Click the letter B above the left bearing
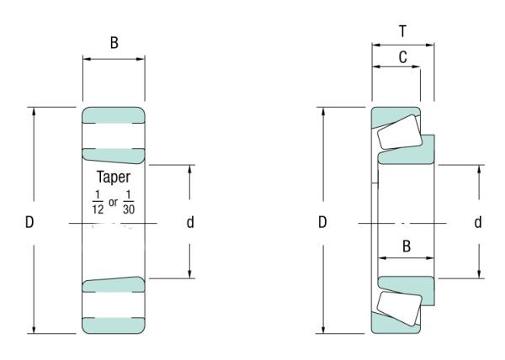pos(114,43)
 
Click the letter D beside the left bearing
pos(29,223)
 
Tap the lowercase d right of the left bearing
pos(190,223)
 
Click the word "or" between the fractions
pos(113,202)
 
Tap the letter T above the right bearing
pos(402,30)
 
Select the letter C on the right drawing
pos(402,57)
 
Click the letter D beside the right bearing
pos(322,223)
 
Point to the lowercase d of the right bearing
pos(478,223)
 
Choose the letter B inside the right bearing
pos(406,247)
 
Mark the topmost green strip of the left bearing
pos(114,114)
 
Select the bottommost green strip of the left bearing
pos(114,325)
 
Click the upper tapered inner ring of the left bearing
pos(114,153)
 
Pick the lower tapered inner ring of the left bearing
pos(114,284)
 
